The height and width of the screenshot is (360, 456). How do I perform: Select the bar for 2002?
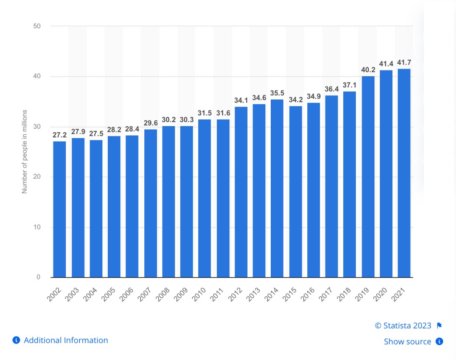(60, 209)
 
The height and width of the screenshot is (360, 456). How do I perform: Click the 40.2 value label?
(368, 70)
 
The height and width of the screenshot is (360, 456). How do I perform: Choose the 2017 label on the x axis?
(332, 293)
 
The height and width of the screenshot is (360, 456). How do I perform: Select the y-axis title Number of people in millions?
(25, 151)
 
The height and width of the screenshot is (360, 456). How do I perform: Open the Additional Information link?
(65, 340)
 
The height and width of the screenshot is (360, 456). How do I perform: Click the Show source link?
(407, 342)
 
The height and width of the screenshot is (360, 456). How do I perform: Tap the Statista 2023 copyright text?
(403, 326)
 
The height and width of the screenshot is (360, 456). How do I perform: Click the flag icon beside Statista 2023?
(439, 326)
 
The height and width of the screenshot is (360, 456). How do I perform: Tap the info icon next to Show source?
(439, 342)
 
